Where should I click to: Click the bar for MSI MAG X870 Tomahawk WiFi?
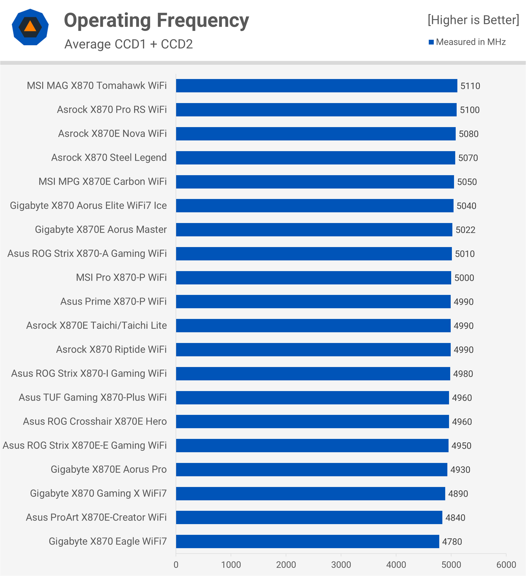tap(316, 86)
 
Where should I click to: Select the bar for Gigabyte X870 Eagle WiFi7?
tap(307, 541)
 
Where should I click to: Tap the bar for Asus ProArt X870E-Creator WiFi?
tap(309, 517)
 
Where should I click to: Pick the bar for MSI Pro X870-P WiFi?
tap(313, 278)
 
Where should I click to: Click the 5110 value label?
tap(470, 86)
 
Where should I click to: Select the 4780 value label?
tap(452, 542)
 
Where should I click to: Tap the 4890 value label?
tap(458, 494)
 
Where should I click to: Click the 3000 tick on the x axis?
tap(341, 565)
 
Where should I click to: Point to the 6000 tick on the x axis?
tap(506, 565)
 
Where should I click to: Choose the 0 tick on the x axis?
tap(176, 565)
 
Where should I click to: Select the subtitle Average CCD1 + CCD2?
tap(128, 44)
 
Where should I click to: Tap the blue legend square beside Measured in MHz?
tap(431, 42)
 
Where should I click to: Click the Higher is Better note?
tap(473, 20)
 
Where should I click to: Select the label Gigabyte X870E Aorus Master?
tap(101, 230)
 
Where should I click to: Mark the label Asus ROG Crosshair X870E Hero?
tap(95, 422)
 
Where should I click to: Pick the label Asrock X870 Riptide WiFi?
tap(111, 349)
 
